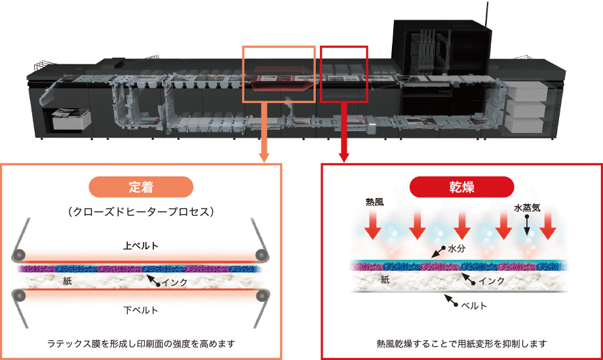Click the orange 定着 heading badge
[x=142, y=187]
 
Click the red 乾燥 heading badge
[x=461, y=187]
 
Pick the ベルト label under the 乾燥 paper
[x=472, y=306]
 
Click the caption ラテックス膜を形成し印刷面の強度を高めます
[x=142, y=343]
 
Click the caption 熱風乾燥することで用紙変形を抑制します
[x=461, y=343]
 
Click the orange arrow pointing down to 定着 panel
[x=264, y=138]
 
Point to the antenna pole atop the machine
[x=486, y=14]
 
